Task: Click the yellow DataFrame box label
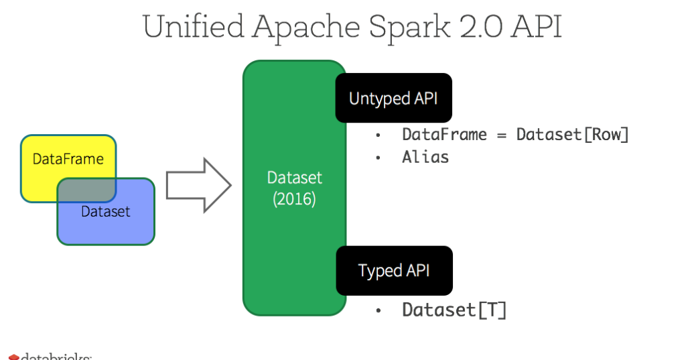(68, 160)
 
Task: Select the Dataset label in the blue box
(105, 212)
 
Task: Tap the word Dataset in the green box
(294, 178)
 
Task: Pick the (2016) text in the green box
(294, 200)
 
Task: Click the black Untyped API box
(393, 99)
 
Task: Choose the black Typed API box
(393, 271)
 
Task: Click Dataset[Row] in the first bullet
(573, 135)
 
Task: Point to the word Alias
(425, 158)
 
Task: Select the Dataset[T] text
(454, 310)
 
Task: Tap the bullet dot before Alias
(378, 158)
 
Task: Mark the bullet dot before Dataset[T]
(378, 311)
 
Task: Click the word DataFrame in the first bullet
(444, 135)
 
